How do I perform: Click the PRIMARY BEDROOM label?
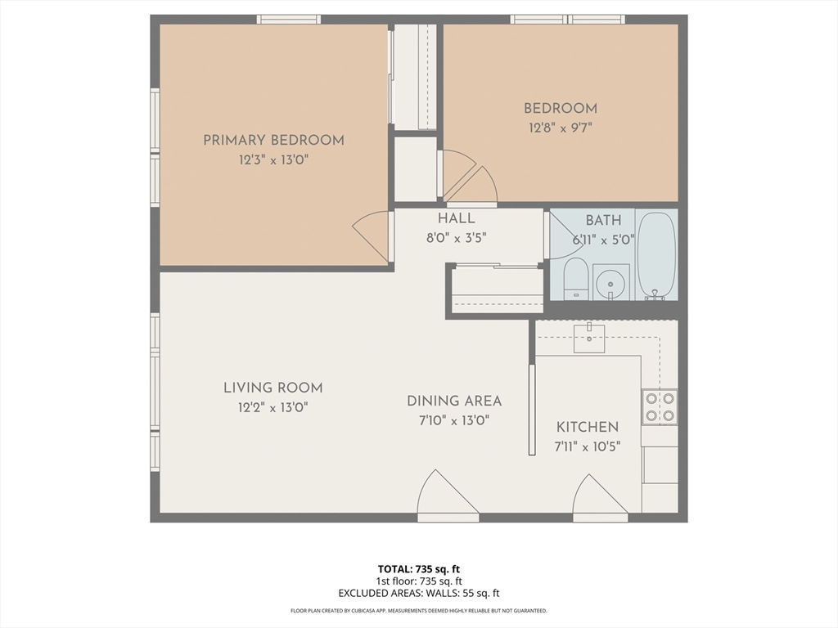coord(273,141)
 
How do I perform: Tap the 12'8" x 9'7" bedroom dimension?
coord(560,128)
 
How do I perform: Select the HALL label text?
coord(457,218)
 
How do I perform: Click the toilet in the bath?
coord(576,279)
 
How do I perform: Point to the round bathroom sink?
coord(610,281)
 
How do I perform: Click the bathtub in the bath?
coord(657,256)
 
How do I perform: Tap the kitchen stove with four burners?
coord(660,407)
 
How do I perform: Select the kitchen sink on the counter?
coord(589,339)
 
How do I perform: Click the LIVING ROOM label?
coord(273,388)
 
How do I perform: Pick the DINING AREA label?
coord(454,401)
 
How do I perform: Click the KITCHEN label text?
coord(588,427)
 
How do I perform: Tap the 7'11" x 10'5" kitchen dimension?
coord(588,447)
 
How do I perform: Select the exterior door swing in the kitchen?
coord(600,496)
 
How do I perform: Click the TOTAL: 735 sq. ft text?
coord(418,569)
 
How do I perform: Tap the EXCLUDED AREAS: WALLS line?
coord(418,594)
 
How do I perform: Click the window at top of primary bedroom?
coord(289,20)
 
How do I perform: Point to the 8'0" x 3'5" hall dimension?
coord(457,238)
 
